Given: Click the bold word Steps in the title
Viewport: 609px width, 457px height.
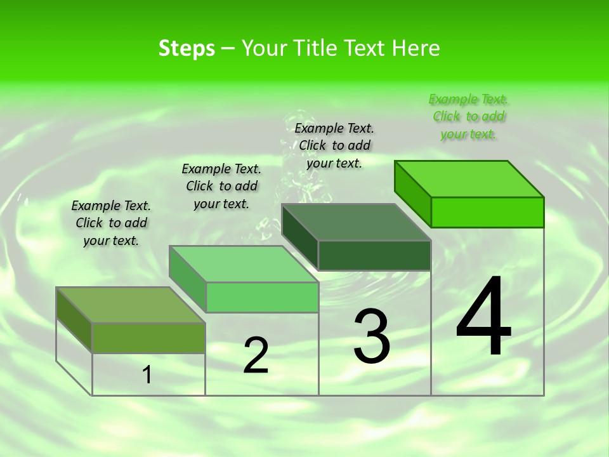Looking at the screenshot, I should pyautogui.click(x=187, y=49).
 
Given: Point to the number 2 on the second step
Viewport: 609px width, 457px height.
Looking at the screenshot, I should pyautogui.click(x=256, y=355).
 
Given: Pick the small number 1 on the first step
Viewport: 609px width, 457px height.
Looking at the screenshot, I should pyautogui.click(x=147, y=375).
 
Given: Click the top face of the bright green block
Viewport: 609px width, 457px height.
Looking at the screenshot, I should pyautogui.click(x=469, y=179).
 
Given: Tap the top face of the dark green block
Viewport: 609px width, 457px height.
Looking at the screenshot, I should pyautogui.click(x=356, y=222).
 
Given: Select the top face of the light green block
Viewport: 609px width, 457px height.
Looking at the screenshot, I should pyautogui.click(x=244, y=264).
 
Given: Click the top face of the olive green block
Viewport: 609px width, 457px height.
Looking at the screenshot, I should pyautogui.click(x=131, y=305).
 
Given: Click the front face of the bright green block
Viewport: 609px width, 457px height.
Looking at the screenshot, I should pyautogui.click(x=487, y=212).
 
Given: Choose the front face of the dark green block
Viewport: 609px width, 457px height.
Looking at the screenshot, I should pyautogui.click(x=374, y=255).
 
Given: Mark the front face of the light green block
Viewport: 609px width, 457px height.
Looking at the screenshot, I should pyautogui.click(x=262, y=297).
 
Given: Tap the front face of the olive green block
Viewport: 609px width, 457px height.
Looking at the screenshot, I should pyautogui.click(x=148, y=338).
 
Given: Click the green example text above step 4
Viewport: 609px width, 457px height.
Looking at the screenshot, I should pyautogui.click(x=469, y=117).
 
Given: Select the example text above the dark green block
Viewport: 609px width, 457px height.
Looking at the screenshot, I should pyautogui.click(x=334, y=145).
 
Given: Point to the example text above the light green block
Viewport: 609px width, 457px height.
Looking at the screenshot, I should pyautogui.click(x=221, y=186).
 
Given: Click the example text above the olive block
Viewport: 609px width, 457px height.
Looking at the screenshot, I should pyautogui.click(x=111, y=223).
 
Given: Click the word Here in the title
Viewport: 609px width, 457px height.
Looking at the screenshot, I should pyautogui.click(x=416, y=48).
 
